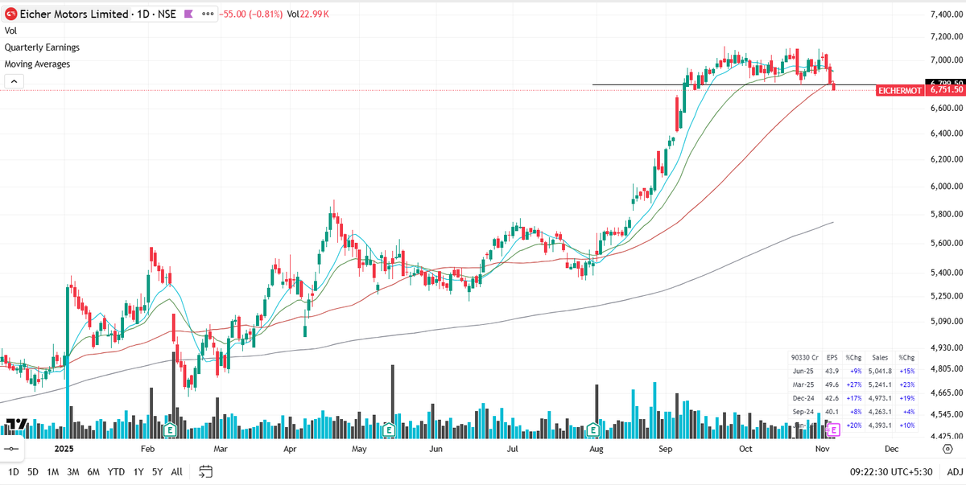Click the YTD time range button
tap(116, 471)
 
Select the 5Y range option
tap(157, 471)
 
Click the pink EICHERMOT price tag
tap(899, 91)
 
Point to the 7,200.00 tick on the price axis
tap(947, 37)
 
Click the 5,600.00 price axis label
tap(947, 243)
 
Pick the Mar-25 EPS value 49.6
tap(832, 384)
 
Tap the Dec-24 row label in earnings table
tap(803, 398)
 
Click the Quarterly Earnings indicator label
tap(42, 47)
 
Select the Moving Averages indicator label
tap(37, 64)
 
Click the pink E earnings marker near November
tap(833, 430)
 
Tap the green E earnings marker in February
tap(170, 430)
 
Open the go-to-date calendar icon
tap(205, 471)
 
